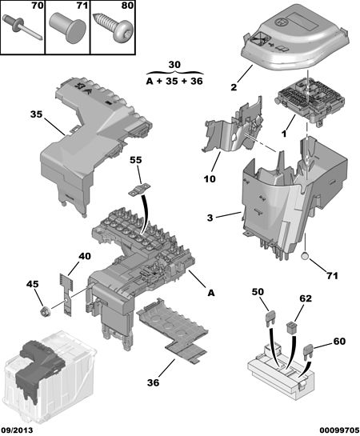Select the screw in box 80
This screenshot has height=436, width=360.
click(113, 27)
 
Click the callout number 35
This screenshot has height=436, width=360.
click(36, 114)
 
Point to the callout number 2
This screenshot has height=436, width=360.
click(234, 87)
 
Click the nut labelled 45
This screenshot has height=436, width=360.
click(44, 310)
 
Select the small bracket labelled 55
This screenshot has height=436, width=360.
click(138, 190)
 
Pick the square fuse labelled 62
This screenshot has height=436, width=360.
click(292, 326)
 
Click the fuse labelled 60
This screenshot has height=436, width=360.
click(309, 350)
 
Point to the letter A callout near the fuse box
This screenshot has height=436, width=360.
click(211, 293)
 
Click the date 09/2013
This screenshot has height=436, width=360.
click(17, 430)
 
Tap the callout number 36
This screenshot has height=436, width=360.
click(153, 382)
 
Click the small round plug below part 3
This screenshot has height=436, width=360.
click(305, 256)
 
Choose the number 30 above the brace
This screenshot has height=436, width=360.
click(174, 65)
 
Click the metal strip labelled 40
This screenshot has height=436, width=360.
click(66, 294)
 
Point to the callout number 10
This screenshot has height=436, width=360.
click(210, 178)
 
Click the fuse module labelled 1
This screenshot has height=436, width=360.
click(310, 102)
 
